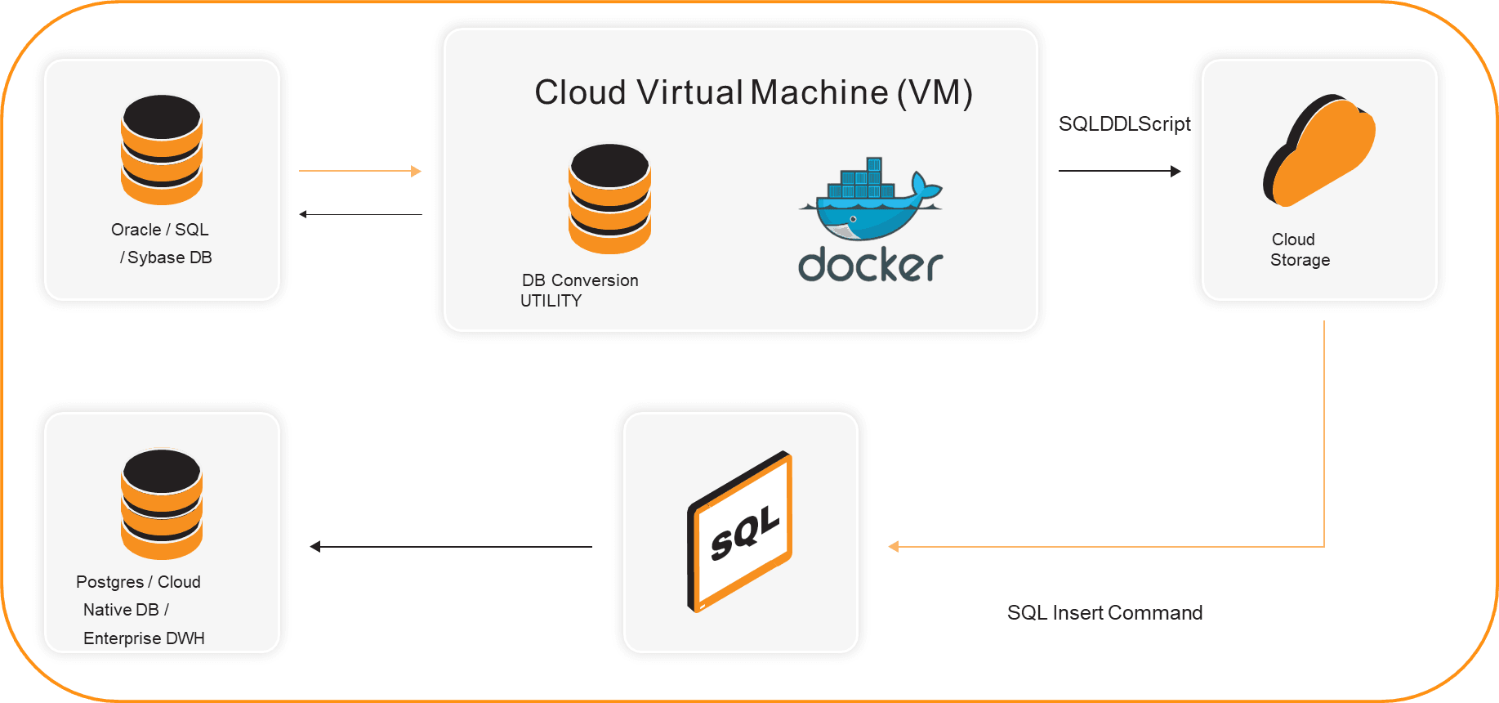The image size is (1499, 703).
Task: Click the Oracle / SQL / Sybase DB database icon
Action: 162,150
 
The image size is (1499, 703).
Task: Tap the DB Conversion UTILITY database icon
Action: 609,199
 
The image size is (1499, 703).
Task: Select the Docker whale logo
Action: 871,199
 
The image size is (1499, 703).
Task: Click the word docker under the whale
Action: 871,265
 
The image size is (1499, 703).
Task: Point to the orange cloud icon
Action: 1318,150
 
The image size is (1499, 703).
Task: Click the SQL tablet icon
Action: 740,531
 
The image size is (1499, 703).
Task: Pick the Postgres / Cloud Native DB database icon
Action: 162,504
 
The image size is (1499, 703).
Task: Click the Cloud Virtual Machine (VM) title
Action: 753,92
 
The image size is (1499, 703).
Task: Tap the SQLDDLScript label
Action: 1124,123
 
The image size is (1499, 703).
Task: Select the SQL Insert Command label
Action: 1104,613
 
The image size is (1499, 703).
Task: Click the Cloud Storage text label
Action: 1299,249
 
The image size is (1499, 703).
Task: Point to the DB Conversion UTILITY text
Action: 579,290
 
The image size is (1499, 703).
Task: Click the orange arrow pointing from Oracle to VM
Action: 360,171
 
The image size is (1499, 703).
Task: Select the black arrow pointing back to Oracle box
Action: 360,214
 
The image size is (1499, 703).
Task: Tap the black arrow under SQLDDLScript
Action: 1119,171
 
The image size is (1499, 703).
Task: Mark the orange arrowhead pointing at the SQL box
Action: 894,546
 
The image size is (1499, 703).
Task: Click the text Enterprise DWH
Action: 144,638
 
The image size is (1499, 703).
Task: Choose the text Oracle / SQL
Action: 160,230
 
